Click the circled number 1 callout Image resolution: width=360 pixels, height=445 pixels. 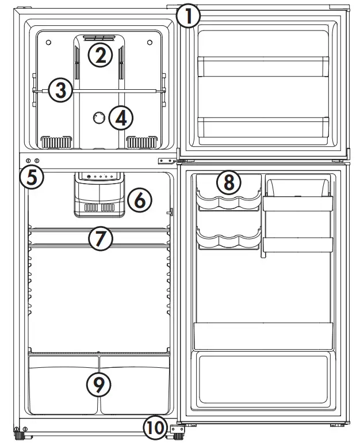(x=188, y=16)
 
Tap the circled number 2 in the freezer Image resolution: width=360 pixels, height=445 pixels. (x=101, y=55)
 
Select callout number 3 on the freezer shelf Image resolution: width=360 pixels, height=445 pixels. (x=60, y=90)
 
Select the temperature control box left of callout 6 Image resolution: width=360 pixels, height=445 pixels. (x=99, y=196)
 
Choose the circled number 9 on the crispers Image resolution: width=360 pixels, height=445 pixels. (x=98, y=385)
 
